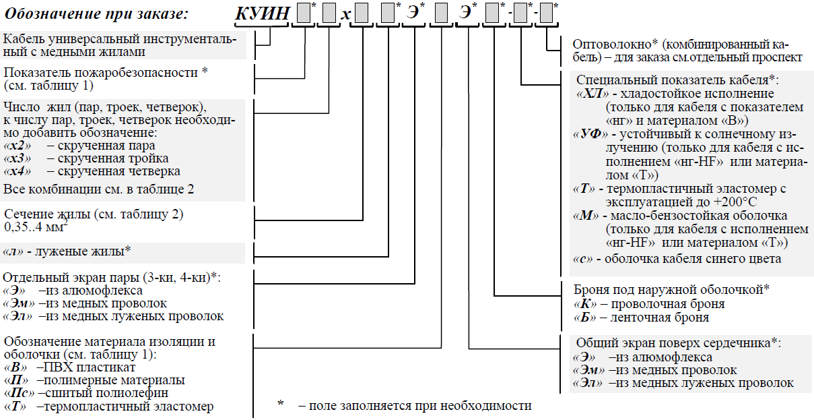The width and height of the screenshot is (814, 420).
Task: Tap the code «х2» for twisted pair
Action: click(x=17, y=145)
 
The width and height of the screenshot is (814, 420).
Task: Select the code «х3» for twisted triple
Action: click(x=17, y=158)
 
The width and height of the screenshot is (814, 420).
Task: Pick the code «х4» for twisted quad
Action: click(x=17, y=171)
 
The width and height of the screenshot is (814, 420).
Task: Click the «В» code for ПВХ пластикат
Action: click(x=15, y=367)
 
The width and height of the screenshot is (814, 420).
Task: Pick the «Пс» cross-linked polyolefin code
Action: click(x=18, y=393)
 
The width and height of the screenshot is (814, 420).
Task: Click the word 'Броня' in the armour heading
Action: click(x=590, y=290)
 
